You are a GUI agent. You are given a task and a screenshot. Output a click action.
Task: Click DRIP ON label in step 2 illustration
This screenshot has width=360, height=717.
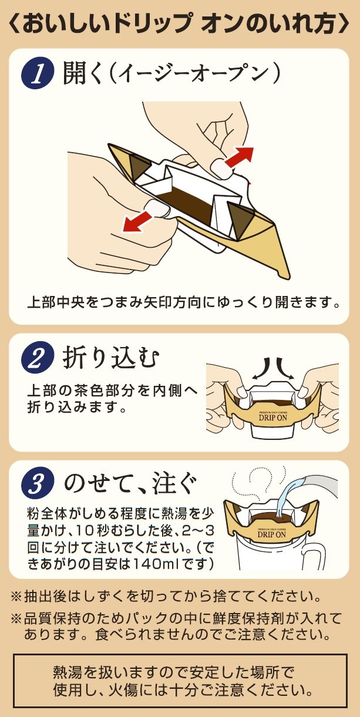point(271,420)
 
